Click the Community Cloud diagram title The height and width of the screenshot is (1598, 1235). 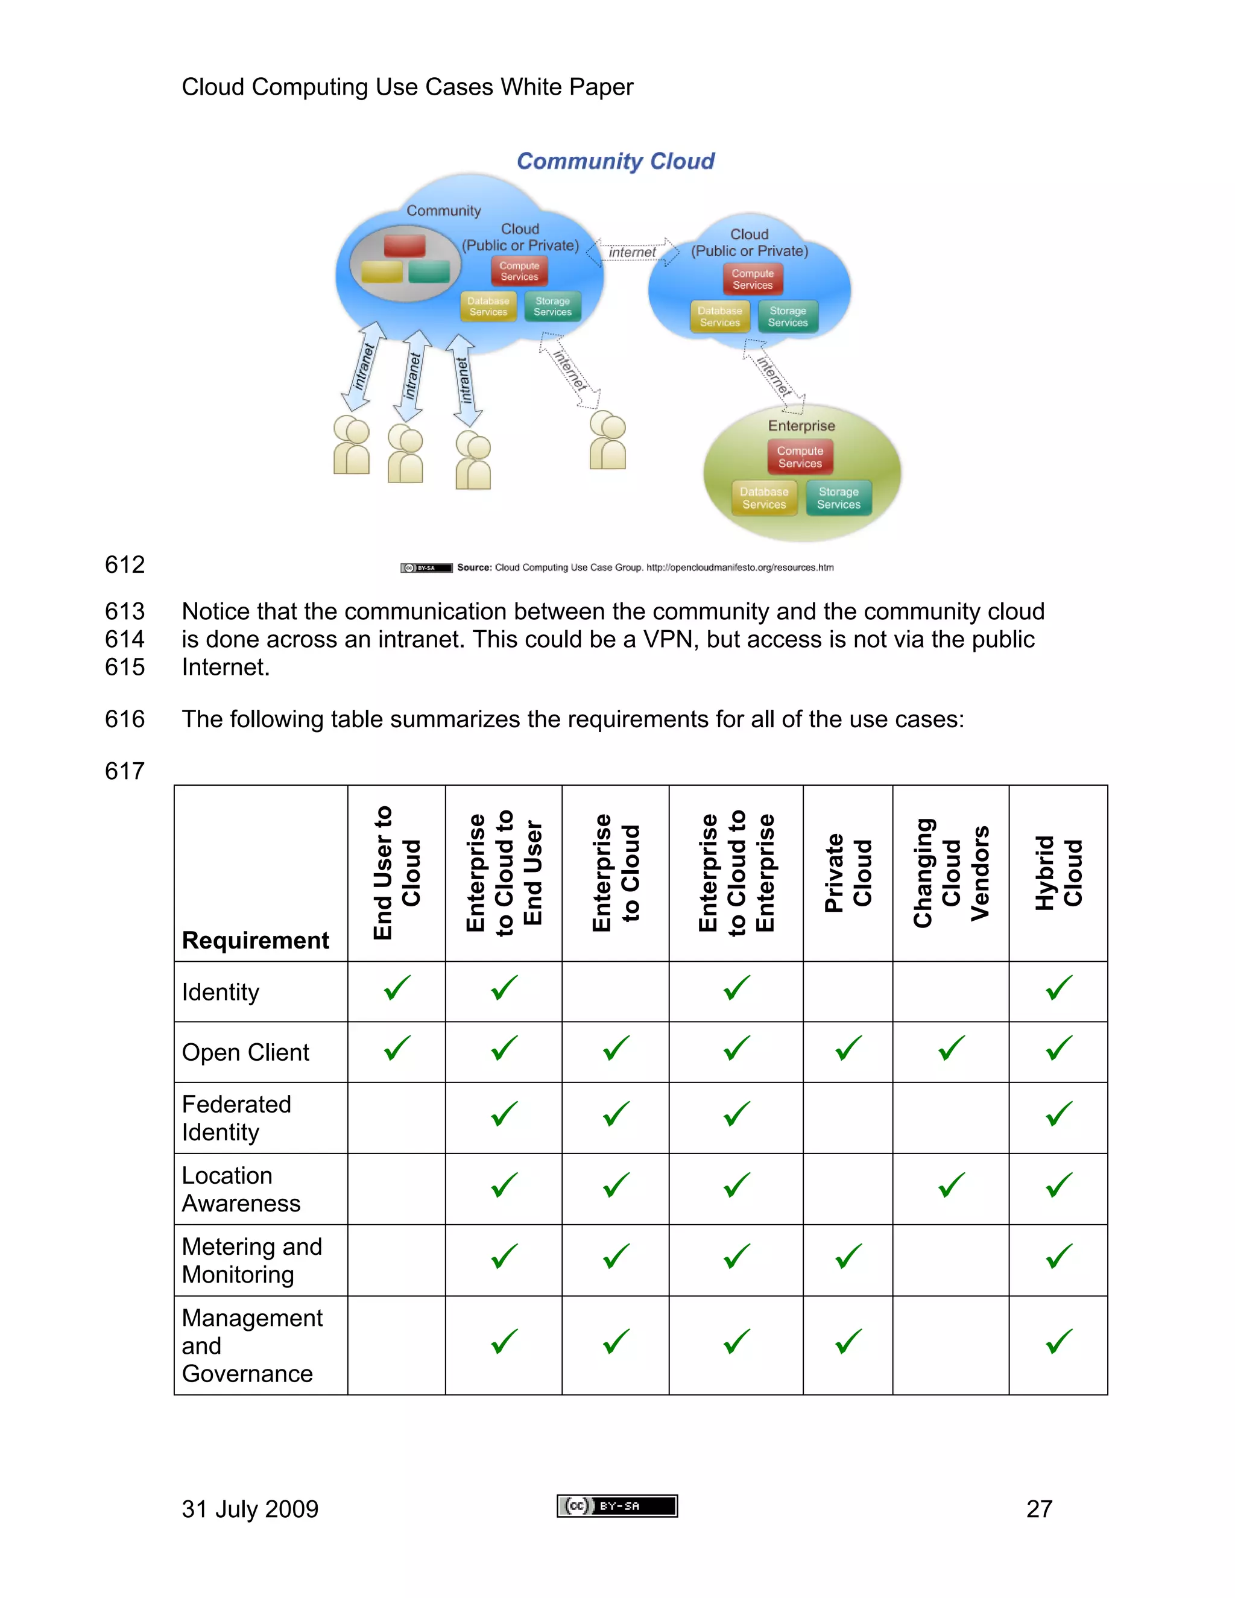[615, 161]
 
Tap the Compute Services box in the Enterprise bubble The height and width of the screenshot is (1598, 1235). [800, 457]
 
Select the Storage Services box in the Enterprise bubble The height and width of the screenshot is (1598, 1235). [838, 498]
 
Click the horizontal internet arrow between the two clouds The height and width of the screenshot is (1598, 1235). [633, 251]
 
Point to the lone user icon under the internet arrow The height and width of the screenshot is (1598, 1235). [607, 440]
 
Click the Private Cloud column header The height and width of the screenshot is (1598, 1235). [848, 873]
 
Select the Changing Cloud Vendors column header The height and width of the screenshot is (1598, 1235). [950, 873]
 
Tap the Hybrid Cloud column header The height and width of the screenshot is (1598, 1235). [1058, 873]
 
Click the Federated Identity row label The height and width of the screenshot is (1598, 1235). [236, 1118]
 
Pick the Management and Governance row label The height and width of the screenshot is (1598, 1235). [251, 1345]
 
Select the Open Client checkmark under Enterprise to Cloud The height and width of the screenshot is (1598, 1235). [616, 1049]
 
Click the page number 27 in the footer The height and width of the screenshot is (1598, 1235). [1039, 1509]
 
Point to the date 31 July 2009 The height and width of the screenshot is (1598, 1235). [250, 1509]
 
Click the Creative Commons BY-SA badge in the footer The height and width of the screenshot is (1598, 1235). [617, 1506]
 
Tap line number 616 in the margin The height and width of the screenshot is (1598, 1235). [124, 719]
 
